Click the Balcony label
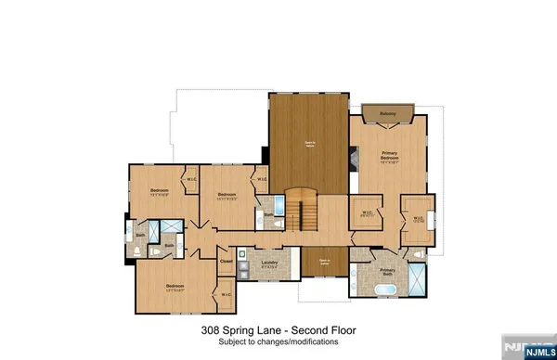(x=389, y=114)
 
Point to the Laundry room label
(x=270, y=264)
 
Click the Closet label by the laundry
(x=226, y=261)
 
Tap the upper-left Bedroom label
(x=157, y=192)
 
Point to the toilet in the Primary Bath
(x=420, y=253)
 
